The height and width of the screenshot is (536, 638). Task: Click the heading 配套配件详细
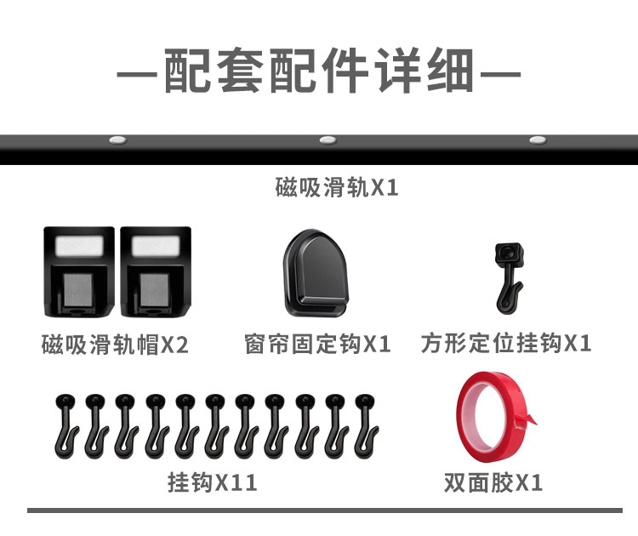318,71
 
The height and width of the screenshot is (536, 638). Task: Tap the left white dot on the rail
117,140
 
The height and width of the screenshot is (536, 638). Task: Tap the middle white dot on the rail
328,140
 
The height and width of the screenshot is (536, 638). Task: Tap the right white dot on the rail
537,140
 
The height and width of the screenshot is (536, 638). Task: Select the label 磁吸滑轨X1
337,187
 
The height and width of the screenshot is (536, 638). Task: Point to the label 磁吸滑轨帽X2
115,345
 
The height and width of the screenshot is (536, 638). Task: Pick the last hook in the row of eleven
365,424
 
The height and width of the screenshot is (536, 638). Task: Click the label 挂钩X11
213,483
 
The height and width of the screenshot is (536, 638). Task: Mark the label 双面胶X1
493,483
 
